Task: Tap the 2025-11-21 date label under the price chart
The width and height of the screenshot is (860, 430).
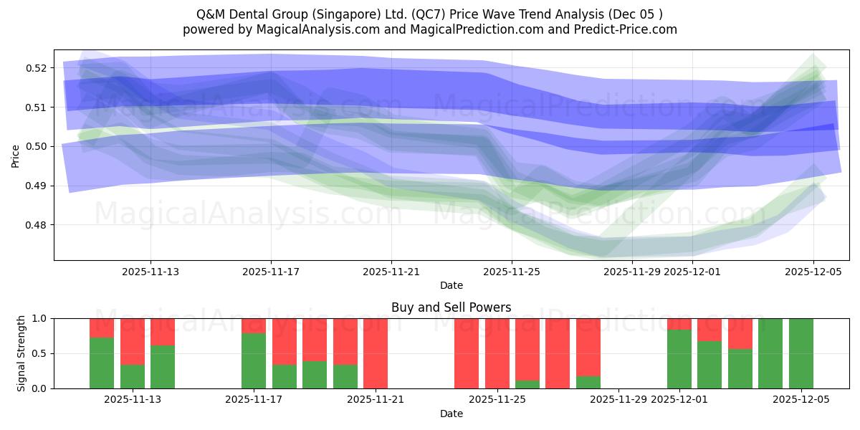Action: click(391, 272)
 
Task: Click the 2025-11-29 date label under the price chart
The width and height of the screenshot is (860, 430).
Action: click(632, 272)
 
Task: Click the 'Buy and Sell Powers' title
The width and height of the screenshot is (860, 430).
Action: click(451, 307)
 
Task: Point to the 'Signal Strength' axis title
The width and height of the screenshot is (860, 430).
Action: click(21, 353)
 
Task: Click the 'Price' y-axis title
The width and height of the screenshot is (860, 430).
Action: click(16, 156)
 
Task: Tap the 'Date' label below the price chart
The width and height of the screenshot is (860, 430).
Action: click(451, 285)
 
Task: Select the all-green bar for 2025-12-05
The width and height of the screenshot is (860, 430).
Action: click(801, 353)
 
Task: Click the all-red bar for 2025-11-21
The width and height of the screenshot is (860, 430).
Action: click(376, 353)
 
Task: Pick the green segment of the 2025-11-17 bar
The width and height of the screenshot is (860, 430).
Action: click(254, 361)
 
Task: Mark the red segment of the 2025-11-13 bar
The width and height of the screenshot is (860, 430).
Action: click(163, 332)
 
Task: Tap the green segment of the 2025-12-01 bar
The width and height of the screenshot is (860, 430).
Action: click(679, 359)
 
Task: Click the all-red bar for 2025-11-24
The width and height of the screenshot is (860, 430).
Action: click(467, 353)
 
